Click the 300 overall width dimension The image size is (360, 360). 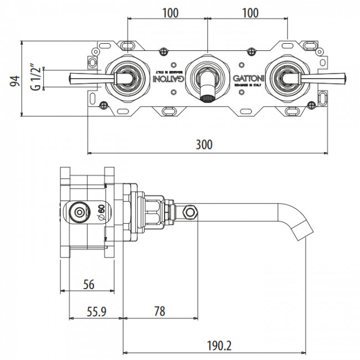(204, 145)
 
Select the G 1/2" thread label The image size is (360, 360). (35, 78)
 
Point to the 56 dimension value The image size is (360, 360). (88, 284)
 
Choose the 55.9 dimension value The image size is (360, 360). (96, 312)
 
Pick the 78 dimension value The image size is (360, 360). (160, 312)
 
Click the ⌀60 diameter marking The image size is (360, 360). (101, 212)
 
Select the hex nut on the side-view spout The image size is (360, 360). (192, 212)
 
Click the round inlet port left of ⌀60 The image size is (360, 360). (79, 212)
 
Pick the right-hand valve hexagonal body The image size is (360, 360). (286, 78)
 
